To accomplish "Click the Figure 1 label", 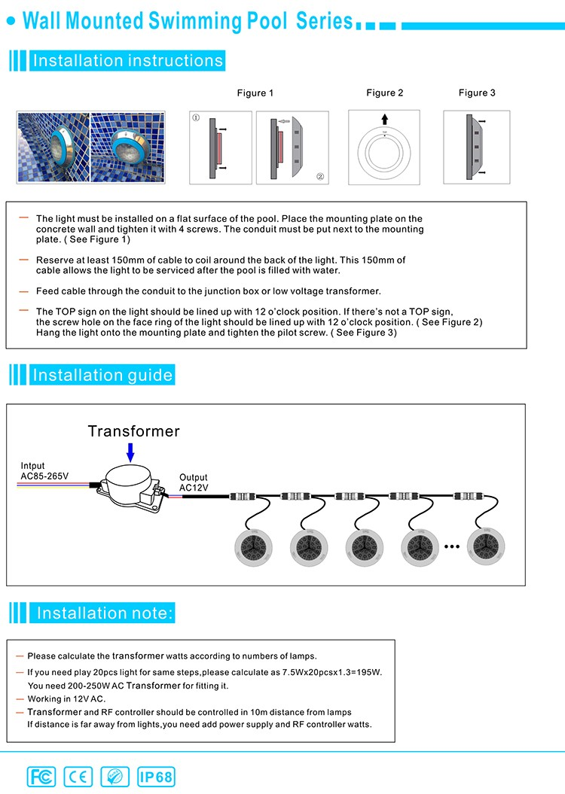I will pyautogui.click(x=255, y=93).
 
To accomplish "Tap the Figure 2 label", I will pyautogui.click(x=385, y=93).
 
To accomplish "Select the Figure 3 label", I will pyautogui.click(x=477, y=93).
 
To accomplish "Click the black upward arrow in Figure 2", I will pyautogui.click(x=385, y=119).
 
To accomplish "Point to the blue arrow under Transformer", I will pyautogui.click(x=131, y=452).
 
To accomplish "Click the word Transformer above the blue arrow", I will pyautogui.click(x=134, y=431).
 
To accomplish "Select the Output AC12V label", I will pyautogui.click(x=194, y=482).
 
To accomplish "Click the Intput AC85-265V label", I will pyautogui.click(x=44, y=471).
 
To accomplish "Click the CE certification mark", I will pyautogui.click(x=78, y=776).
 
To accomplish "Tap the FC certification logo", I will pyautogui.click(x=41, y=776).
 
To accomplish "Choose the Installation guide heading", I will pyautogui.click(x=102, y=375).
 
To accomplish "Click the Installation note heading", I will pyautogui.click(x=105, y=613).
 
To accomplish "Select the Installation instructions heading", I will pyautogui.click(x=127, y=61).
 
